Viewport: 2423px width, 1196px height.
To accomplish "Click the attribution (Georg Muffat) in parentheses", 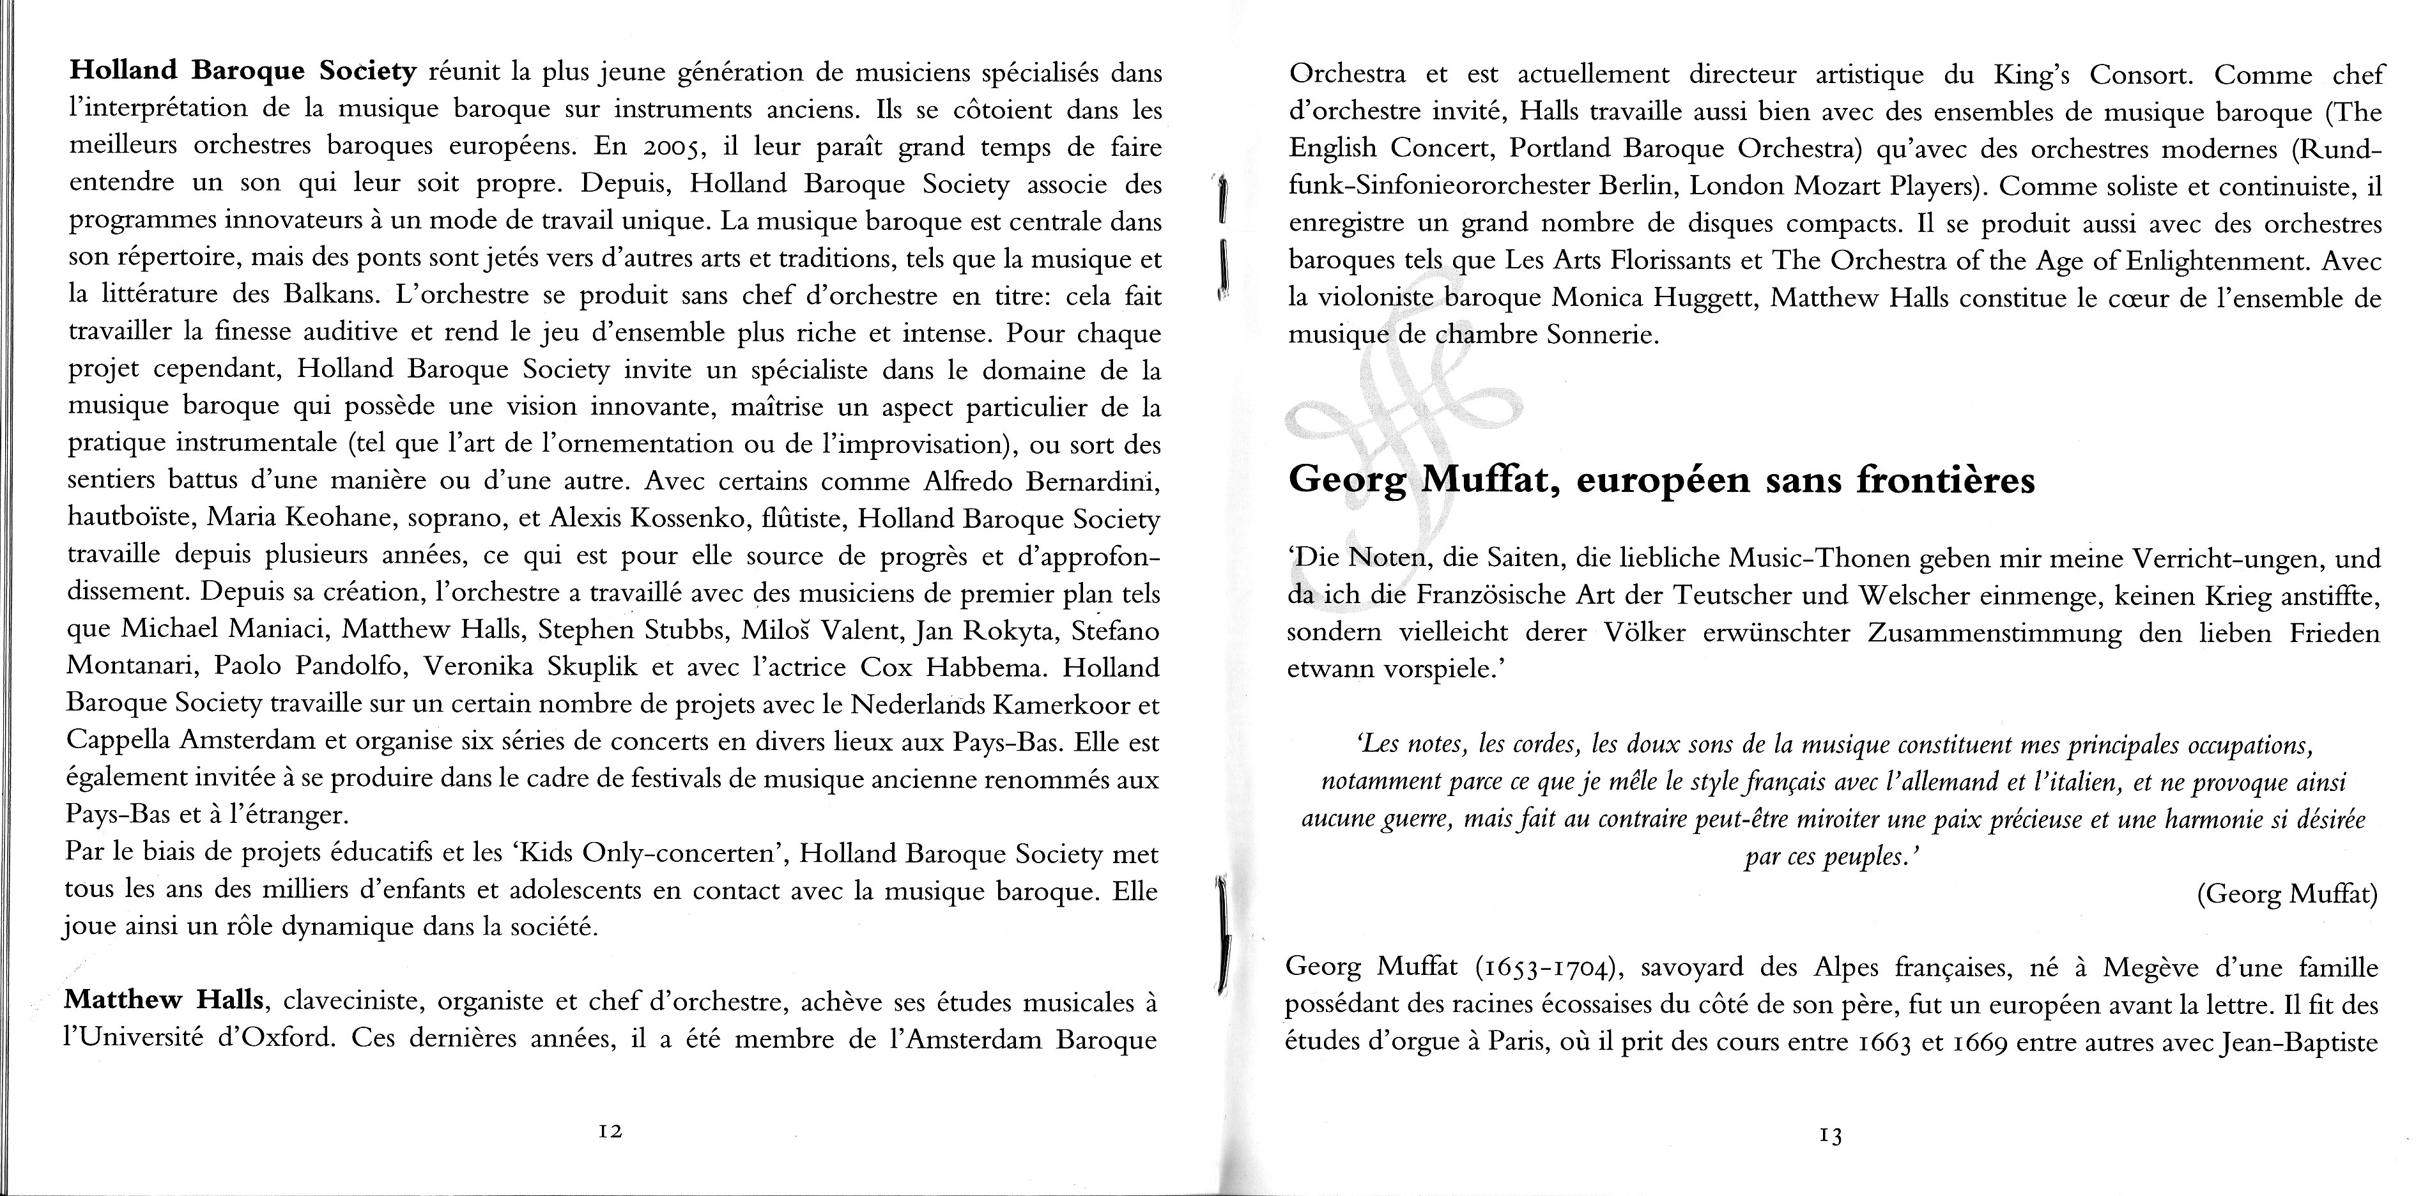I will point(2287,894).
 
